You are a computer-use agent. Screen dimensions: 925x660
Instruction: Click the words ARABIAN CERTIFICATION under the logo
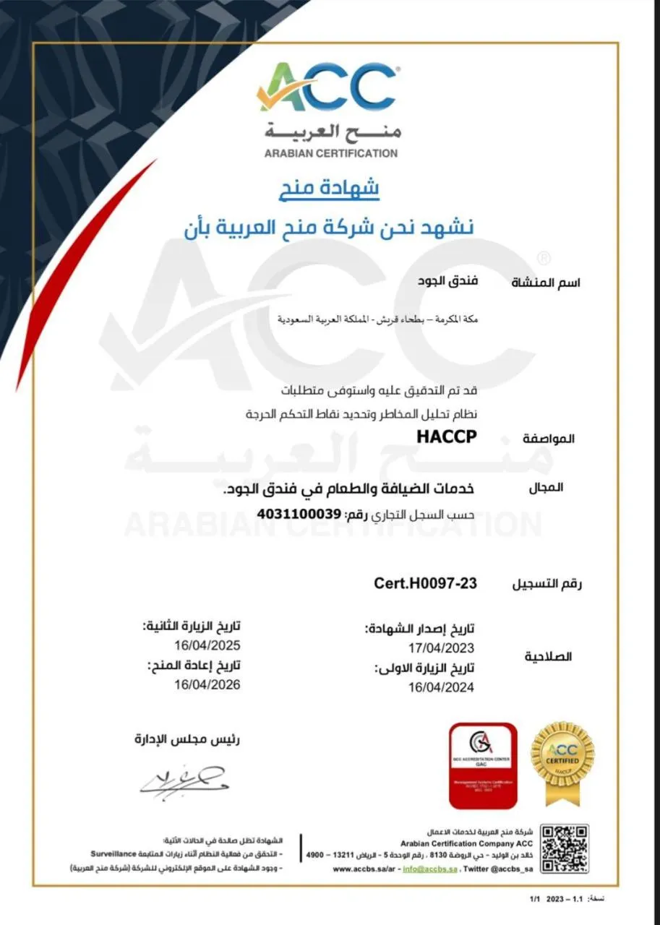pos(330,153)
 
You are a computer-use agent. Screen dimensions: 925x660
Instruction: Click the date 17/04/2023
pos(440,648)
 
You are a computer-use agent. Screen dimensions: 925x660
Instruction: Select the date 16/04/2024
pos(440,687)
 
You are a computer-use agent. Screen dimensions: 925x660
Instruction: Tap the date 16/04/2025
pos(207,645)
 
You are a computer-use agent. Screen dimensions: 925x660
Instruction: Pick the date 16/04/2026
pos(207,684)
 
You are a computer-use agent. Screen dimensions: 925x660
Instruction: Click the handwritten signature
pos(182,778)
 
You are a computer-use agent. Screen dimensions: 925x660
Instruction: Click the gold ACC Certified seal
pos(562,760)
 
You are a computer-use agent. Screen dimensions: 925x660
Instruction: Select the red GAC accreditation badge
pos(483,765)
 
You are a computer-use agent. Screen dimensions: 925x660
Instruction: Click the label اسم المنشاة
pos(546,282)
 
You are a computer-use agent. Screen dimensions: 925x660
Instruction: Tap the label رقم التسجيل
pos(547,584)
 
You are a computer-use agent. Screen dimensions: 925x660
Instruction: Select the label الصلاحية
pos(547,657)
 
